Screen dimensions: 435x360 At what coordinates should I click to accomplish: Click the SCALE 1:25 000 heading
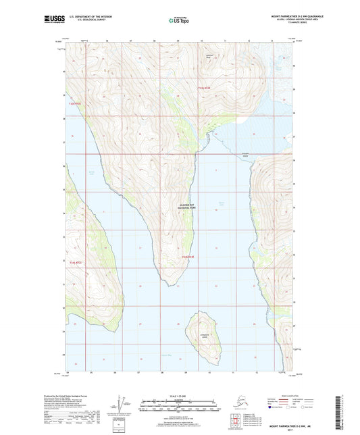click(x=180, y=395)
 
